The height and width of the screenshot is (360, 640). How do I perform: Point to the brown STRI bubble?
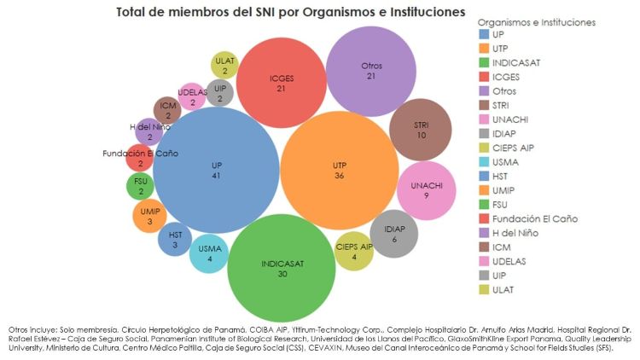(421, 130)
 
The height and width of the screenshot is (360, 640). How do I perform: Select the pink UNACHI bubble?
(425, 190)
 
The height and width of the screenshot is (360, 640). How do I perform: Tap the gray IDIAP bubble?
(393, 234)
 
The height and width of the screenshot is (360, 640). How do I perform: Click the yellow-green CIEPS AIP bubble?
(354, 252)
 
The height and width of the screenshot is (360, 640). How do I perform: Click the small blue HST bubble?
(175, 240)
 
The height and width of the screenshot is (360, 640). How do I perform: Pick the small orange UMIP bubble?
(149, 216)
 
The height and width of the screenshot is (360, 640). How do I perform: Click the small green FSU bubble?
(140, 186)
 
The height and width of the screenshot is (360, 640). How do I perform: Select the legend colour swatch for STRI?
(484, 106)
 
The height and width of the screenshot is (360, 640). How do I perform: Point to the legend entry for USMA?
(509, 162)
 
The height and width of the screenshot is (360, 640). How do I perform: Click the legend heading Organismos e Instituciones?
(536, 21)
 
